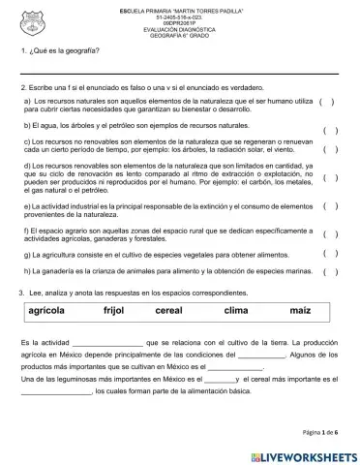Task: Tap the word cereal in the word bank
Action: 168,311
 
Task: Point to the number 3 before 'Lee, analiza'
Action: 20,292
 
